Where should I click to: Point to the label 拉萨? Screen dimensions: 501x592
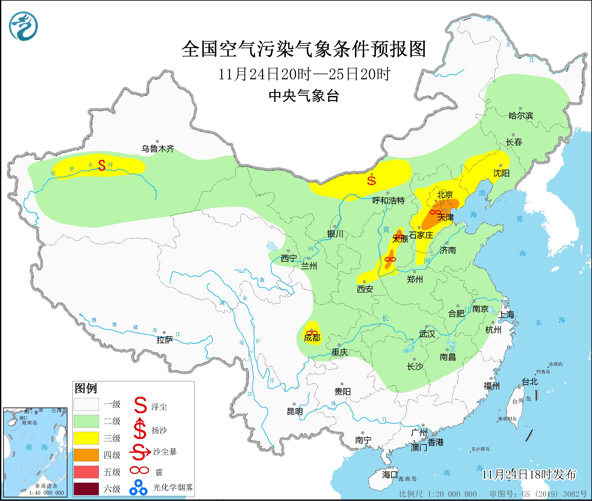coord(165,340)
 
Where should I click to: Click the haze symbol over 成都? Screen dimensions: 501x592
coord(312,333)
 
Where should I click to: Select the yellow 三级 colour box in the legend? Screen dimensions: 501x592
coord(86,438)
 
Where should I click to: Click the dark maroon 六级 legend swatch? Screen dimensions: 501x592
coord(86,489)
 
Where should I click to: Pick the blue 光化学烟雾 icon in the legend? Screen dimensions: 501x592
coord(138,487)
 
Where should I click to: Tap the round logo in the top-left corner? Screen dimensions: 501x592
coord(23,26)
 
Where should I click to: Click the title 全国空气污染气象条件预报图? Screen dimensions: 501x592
coord(304,49)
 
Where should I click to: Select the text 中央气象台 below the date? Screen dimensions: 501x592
coord(304,96)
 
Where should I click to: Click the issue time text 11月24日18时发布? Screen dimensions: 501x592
coord(529,474)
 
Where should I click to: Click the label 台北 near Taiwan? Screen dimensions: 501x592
coord(530,382)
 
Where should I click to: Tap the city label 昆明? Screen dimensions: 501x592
coord(295,411)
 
